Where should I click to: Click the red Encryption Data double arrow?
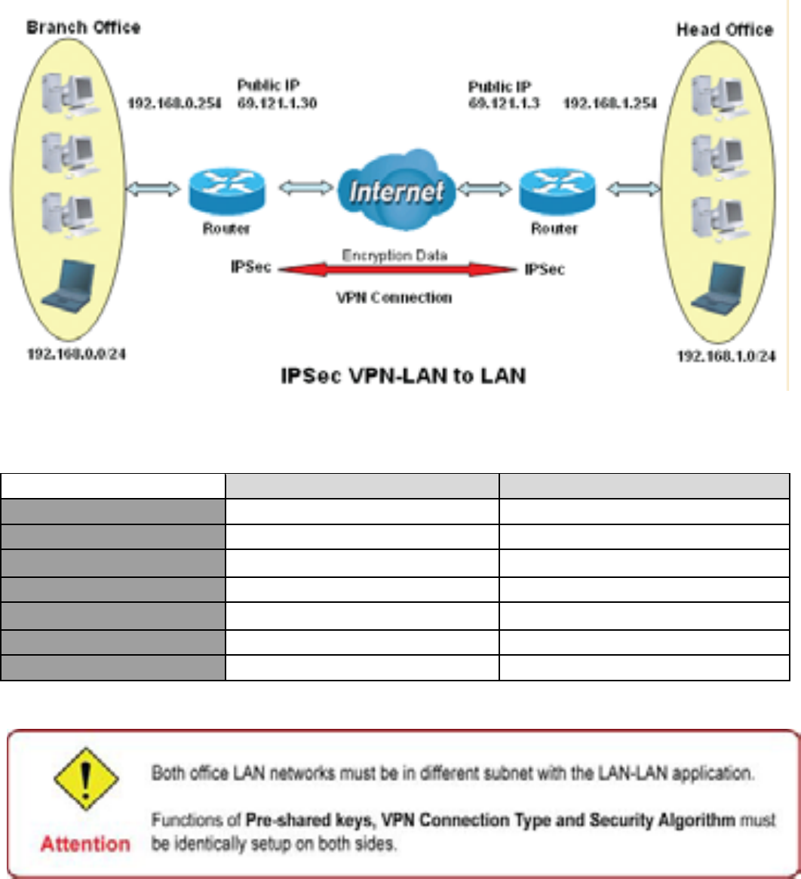click(396, 269)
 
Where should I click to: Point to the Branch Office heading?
click(84, 28)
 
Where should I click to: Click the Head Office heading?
click(725, 29)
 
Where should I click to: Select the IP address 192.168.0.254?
click(174, 103)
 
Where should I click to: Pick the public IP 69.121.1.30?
click(277, 103)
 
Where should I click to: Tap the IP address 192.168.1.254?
click(611, 103)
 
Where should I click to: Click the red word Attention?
click(84, 844)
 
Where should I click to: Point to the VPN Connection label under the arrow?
click(394, 298)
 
